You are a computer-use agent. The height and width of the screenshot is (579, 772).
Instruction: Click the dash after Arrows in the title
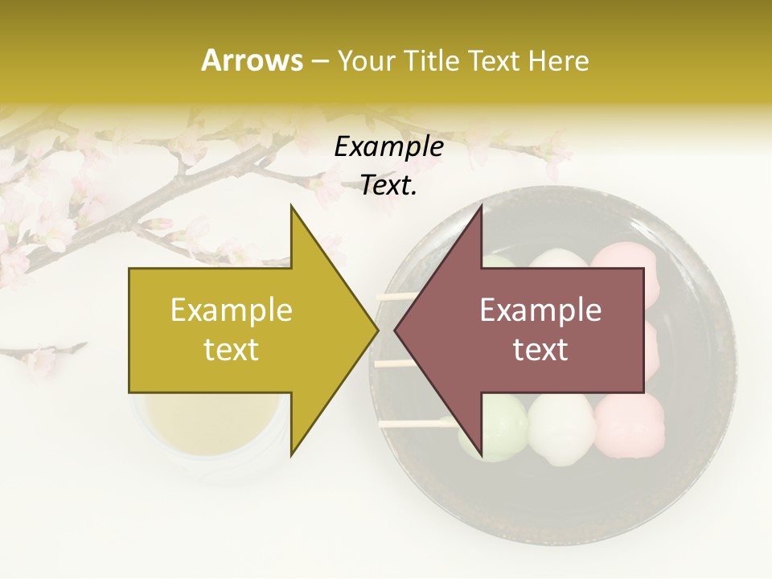(319, 61)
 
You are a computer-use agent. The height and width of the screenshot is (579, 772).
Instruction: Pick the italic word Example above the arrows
(388, 147)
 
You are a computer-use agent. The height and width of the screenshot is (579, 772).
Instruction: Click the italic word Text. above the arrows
(388, 186)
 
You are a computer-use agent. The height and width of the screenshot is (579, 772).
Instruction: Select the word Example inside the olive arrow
(232, 310)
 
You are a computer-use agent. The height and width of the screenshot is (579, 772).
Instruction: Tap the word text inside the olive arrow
(232, 350)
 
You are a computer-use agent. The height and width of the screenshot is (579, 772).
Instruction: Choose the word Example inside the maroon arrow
(540, 310)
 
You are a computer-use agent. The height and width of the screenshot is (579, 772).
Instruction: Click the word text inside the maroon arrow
(540, 350)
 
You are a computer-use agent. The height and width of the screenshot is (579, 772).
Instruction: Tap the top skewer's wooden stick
(397, 297)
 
